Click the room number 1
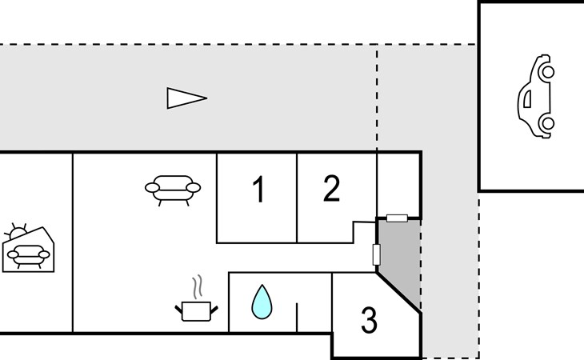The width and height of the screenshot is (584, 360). [259, 189]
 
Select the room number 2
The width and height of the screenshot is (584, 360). [331, 188]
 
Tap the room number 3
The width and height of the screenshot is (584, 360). [369, 320]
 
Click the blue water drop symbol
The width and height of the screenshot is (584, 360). [262, 302]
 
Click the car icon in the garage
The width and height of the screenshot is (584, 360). [536, 97]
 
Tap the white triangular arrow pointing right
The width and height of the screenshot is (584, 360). [187, 98]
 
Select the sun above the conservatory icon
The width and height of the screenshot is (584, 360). [17, 231]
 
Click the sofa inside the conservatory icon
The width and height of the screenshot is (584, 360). [28, 256]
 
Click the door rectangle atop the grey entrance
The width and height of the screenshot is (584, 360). [397, 218]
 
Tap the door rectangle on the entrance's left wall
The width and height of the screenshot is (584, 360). [377, 254]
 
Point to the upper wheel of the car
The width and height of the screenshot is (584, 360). [547, 71]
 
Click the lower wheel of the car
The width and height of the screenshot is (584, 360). [547, 123]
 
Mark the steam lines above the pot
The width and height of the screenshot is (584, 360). [198, 286]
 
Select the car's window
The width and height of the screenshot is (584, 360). [527, 99]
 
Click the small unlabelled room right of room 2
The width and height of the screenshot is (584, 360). [398, 185]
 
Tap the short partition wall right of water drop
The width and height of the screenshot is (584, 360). [297, 317]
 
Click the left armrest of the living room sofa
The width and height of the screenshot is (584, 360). [152, 188]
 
